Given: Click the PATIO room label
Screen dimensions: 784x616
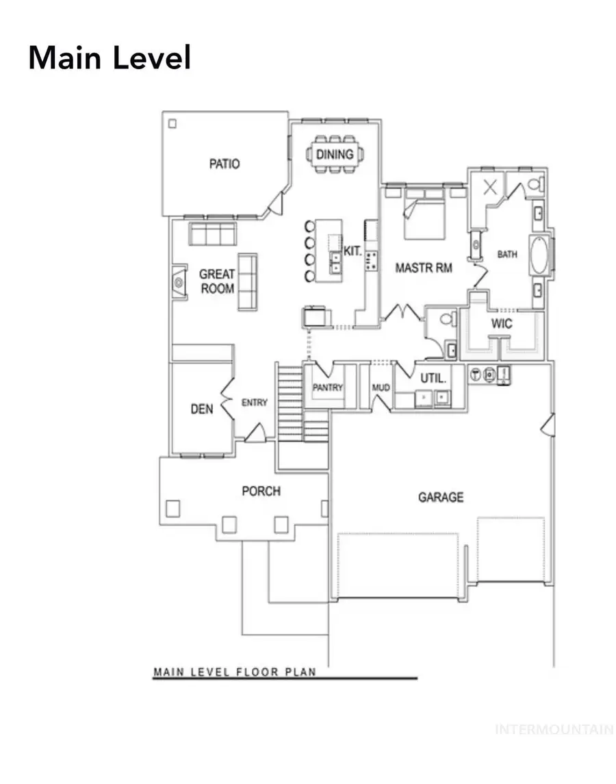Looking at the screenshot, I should coord(224,164).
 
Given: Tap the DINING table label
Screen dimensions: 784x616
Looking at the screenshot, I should coord(335,154).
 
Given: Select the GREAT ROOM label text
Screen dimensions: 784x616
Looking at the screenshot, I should coord(216,281).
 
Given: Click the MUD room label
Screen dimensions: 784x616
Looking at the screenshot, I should coord(381,388).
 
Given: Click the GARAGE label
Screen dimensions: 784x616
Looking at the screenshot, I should coord(441,497).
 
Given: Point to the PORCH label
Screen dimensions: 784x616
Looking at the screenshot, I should coord(261,491).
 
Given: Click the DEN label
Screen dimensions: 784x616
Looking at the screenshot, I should coord(201,409).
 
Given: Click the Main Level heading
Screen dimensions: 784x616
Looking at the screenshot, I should coord(110,58).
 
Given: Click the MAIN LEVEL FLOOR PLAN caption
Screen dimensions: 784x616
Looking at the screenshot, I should coord(235,672).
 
